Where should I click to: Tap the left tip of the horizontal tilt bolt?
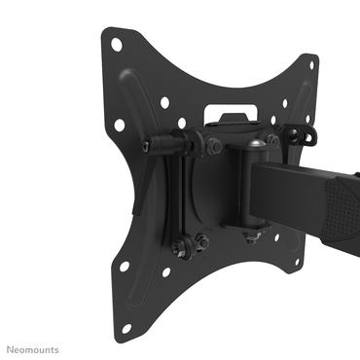pos(146,145)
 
